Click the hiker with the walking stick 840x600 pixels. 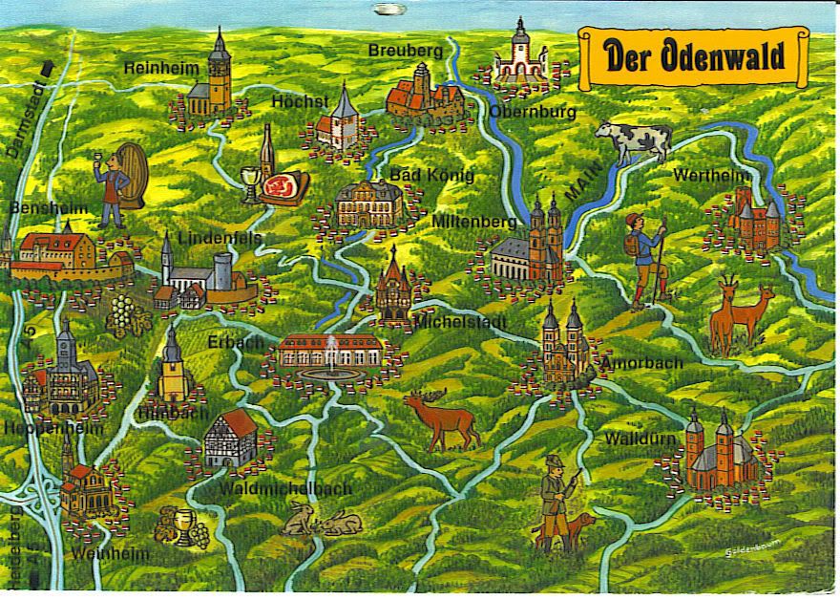pos(647,258)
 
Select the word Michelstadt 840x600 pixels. pos(461,322)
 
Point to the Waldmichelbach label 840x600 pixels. pos(285,488)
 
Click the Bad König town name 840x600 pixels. pos(431,176)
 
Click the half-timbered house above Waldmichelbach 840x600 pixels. pos(231,439)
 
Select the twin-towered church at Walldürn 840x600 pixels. pos(710,453)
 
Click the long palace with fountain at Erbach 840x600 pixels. pos(329,354)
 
